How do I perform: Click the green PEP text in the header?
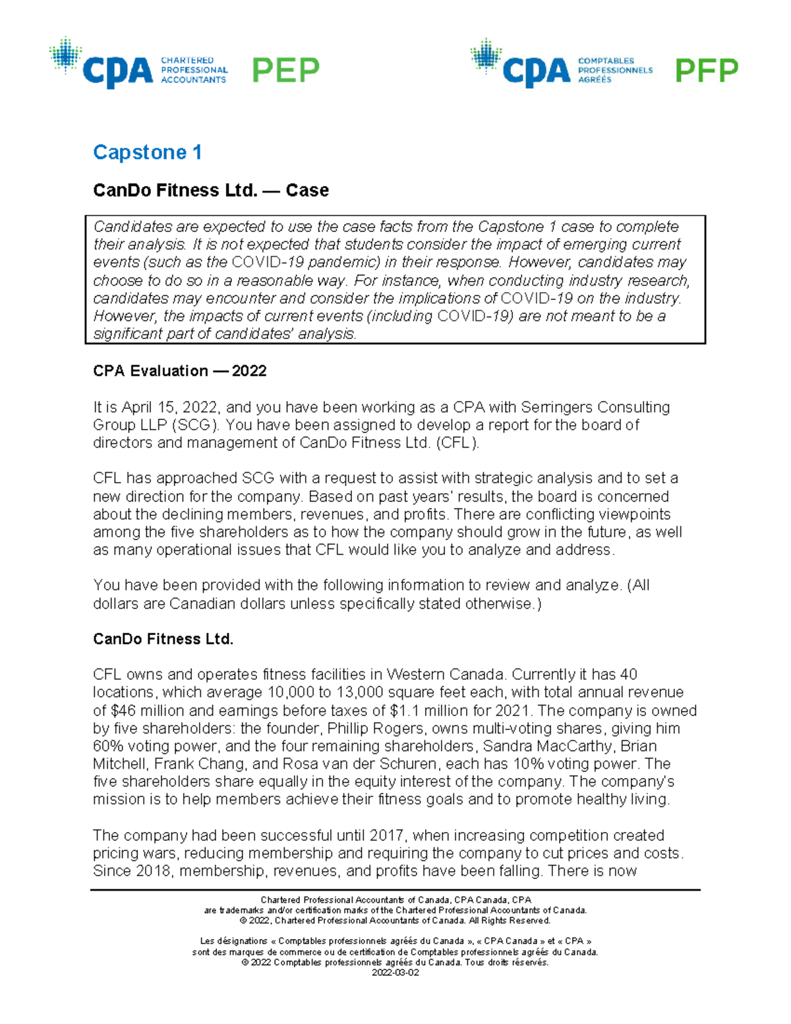coord(285,71)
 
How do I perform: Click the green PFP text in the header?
coord(706,71)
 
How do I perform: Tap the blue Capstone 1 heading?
coord(147,152)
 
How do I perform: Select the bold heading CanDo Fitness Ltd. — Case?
coord(210,191)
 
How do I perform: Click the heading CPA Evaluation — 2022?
coord(179,371)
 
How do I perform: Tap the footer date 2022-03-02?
coord(395,973)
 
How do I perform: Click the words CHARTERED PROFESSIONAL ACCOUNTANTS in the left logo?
coord(194,70)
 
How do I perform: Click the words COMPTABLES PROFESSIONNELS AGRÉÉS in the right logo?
coord(614,70)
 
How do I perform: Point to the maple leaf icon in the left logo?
coord(65,55)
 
